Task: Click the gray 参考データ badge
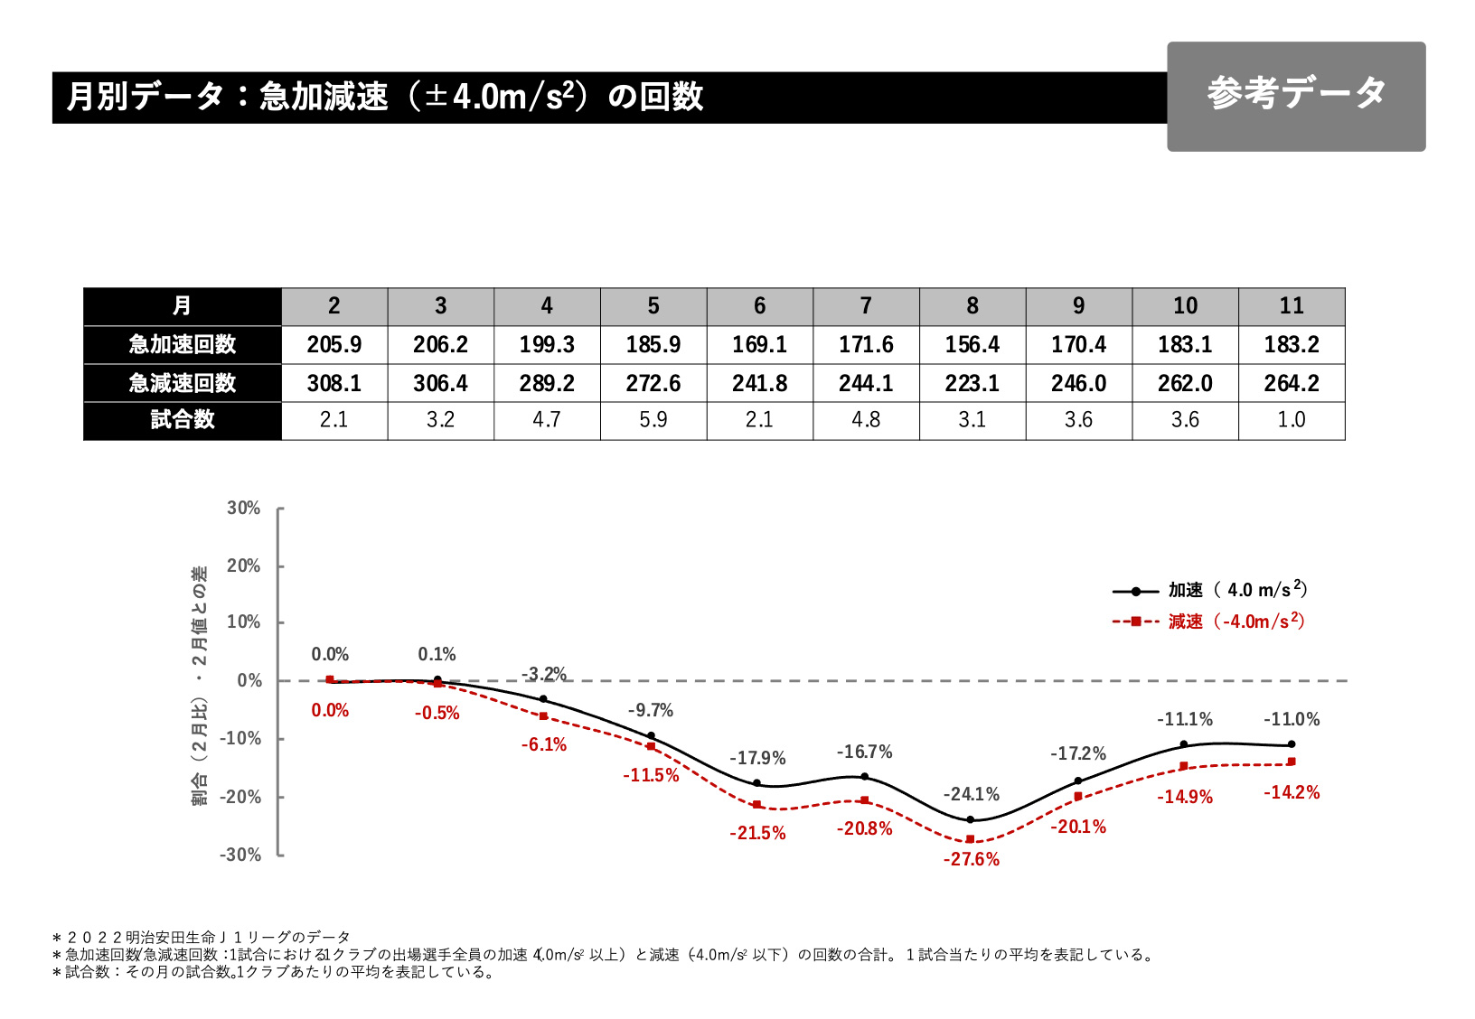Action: tap(1295, 96)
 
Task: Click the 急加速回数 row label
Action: tap(183, 344)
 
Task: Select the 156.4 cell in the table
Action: tap(972, 344)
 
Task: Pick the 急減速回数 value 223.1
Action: tap(972, 383)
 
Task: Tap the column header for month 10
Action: tap(1185, 306)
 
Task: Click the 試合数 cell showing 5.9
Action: tap(653, 420)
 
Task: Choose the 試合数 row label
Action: tap(183, 420)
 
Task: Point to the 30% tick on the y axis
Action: tap(244, 509)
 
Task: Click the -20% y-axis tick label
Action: tap(240, 797)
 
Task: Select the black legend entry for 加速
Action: tap(1209, 591)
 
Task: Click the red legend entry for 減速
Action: tap(1209, 622)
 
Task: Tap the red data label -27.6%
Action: tap(972, 859)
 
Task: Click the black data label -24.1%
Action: tap(972, 794)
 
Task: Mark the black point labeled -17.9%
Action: tap(757, 783)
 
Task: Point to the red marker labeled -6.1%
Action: tap(543, 716)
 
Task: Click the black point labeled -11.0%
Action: tap(1292, 744)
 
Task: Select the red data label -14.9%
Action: tap(1185, 797)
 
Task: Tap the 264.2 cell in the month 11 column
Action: tap(1292, 383)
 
